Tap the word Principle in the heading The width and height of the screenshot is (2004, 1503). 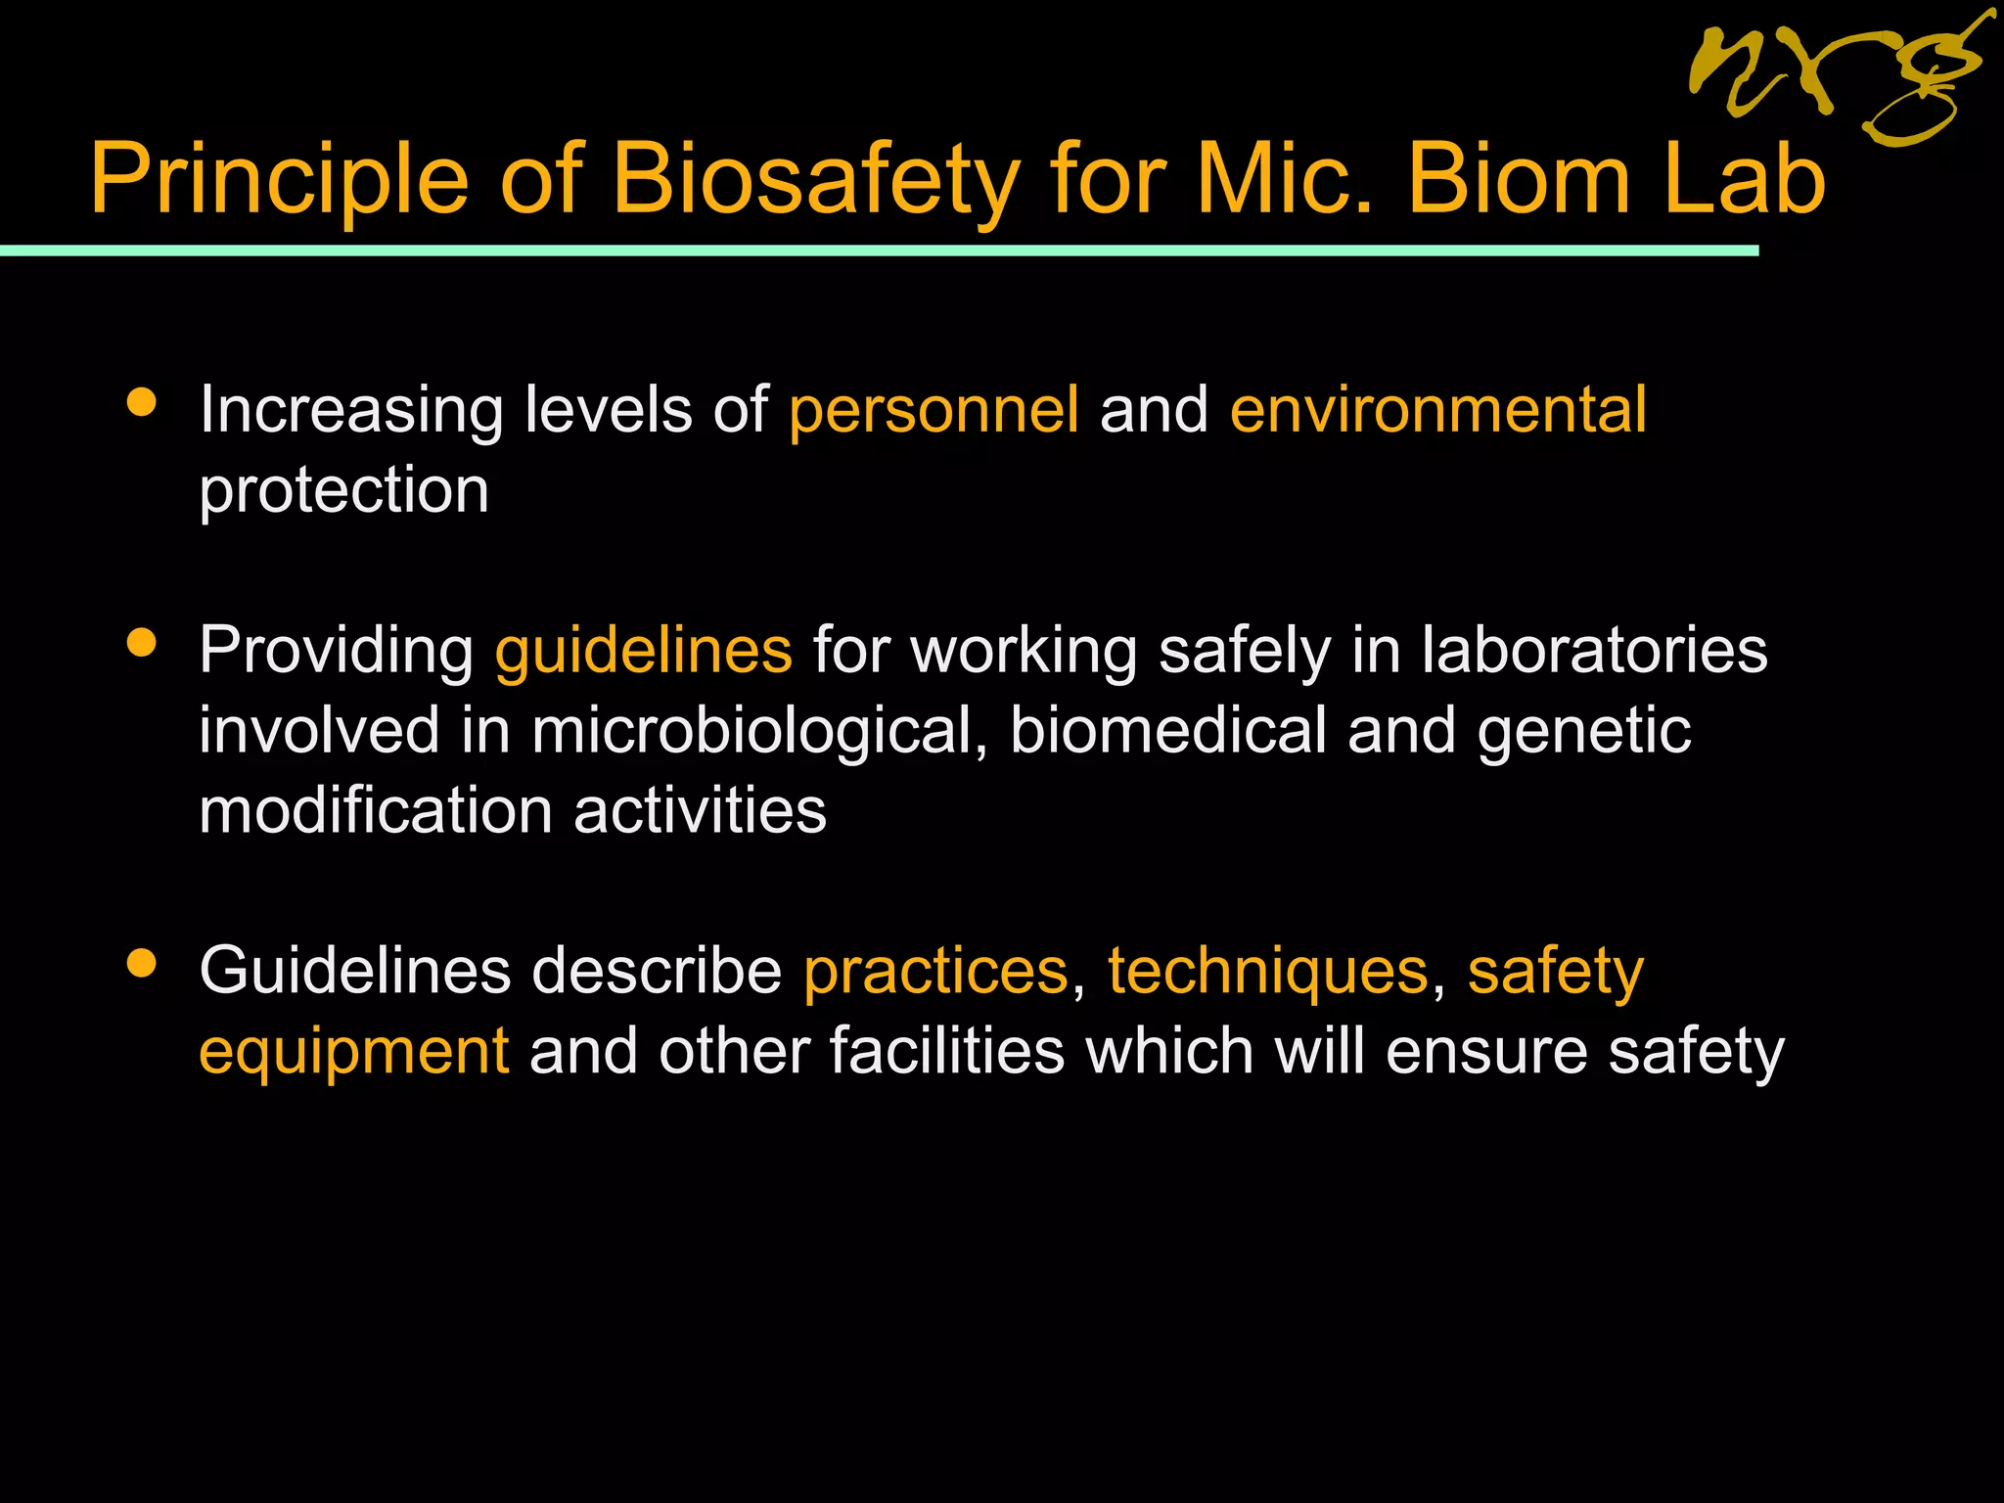click(280, 180)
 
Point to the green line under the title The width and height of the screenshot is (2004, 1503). click(881, 251)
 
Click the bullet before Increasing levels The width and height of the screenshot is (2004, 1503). click(142, 402)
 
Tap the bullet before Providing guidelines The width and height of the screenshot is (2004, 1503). click(142, 643)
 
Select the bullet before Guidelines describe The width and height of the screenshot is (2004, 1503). click(142, 964)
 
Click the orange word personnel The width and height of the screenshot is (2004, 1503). click(934, 410)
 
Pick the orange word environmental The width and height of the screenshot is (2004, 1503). click(1437, 410)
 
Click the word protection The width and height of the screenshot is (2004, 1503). click(343, 491)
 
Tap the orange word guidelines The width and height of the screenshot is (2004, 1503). click(643, 651)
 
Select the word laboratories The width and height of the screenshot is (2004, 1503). click(1594, 651)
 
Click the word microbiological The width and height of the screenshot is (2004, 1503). click(758, 731)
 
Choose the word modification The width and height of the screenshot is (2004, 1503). click(376, 811)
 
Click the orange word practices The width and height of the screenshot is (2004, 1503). click(935, 972)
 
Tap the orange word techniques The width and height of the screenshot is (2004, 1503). click(1267, 972)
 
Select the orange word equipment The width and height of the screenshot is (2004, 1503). click(353, 1052)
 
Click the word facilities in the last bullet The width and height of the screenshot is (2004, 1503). click(946, 1052)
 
